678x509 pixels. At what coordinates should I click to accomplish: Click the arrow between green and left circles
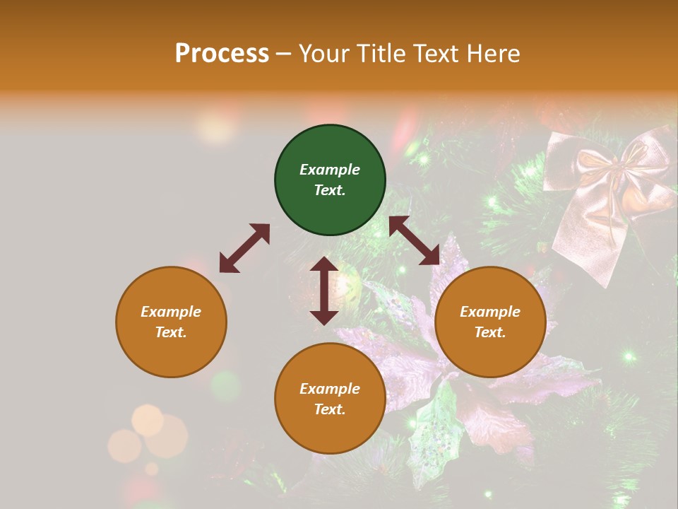coord(244,248)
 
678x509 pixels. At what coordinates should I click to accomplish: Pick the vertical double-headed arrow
coord(324,291)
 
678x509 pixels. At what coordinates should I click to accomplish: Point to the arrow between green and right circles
coord(415,240)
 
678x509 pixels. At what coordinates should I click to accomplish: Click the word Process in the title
coord(222,53)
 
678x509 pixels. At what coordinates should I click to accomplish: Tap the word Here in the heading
coord(494,53)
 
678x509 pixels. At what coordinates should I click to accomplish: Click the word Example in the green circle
coord(330,170)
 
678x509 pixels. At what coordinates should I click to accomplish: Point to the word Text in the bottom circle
coord(330,409)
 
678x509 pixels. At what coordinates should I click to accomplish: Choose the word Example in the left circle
coord(171,312)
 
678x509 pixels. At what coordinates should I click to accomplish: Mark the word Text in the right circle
coord(490,332)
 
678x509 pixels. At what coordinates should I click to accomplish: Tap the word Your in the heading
coord(322,53)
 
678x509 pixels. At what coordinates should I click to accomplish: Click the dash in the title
coord(284,54)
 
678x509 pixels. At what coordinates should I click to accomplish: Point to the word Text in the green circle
coord(330,190)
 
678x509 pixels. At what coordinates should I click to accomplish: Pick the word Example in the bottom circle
coord(330,389)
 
